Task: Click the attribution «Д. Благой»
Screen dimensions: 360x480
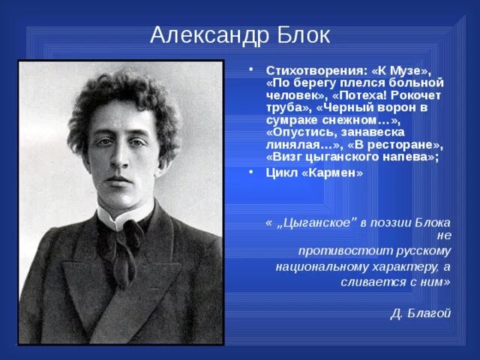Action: click(x=421, y=313)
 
